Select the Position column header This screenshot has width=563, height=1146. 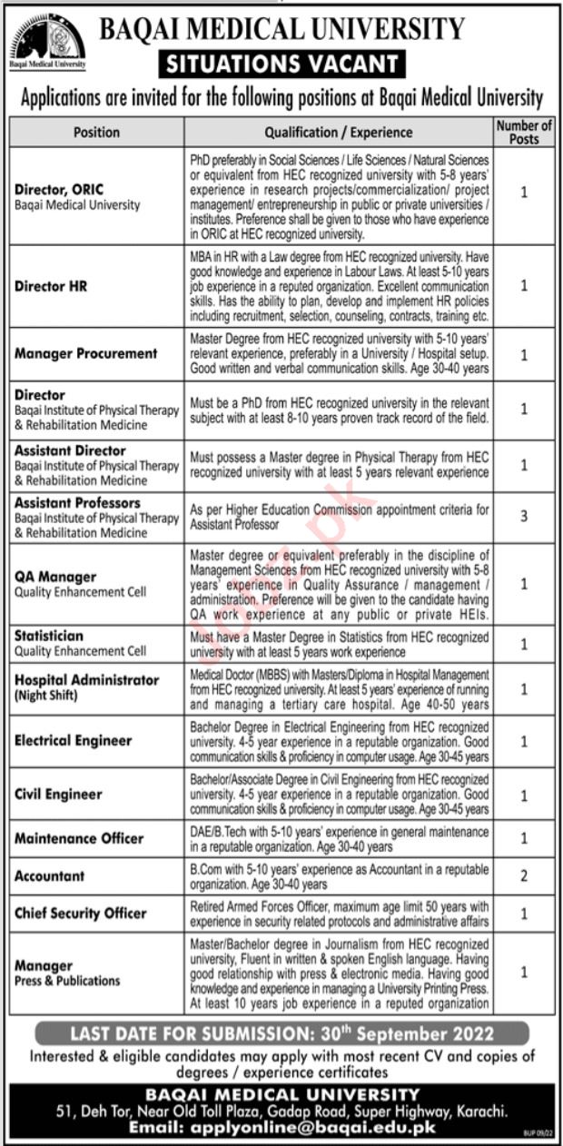[96, 132]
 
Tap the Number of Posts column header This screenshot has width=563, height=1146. [524, 132]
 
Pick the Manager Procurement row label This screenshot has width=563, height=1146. [85, 353]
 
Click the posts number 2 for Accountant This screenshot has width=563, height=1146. [524, 876]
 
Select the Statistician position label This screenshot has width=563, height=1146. [48, 637]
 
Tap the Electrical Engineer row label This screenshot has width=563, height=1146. [73, 740]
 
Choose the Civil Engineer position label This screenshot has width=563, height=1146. [58, 794]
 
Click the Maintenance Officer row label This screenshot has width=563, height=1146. [79, 838]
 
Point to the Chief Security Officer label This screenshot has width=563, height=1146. [80, 913]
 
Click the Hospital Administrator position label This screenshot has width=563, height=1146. [86, 680]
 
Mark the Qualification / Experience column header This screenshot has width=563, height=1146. [338, 132]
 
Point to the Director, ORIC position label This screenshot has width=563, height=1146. [59, 190]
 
